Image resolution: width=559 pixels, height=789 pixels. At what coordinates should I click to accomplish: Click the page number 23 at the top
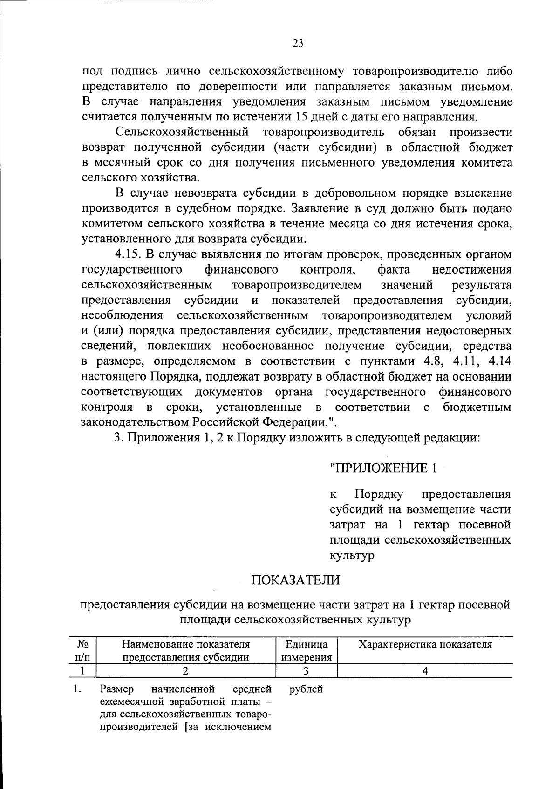pos(298,43)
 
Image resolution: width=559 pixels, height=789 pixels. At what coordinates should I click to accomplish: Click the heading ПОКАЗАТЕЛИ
pos(296,580)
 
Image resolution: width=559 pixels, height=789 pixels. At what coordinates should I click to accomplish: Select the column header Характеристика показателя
pos(425,644)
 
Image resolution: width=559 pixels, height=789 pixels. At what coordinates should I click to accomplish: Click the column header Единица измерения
pos(307,651)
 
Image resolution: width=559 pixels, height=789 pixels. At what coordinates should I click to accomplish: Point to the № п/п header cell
pos(82,651)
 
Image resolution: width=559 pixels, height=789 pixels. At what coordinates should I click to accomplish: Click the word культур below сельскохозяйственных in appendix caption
pos(352,555)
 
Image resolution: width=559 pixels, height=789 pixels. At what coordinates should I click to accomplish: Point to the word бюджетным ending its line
pos(477,408)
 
